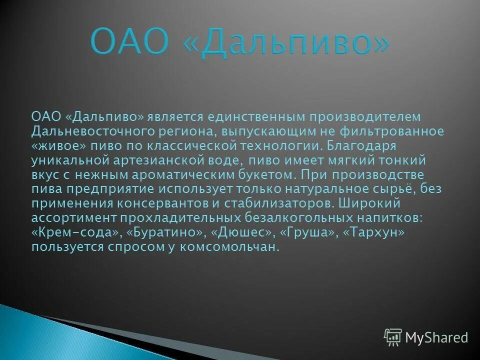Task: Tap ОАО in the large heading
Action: (129, 44)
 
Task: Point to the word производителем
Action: (365, 116)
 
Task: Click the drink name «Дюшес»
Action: (242, 233)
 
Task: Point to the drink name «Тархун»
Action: (374, 233)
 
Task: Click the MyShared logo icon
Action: (392, 337)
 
